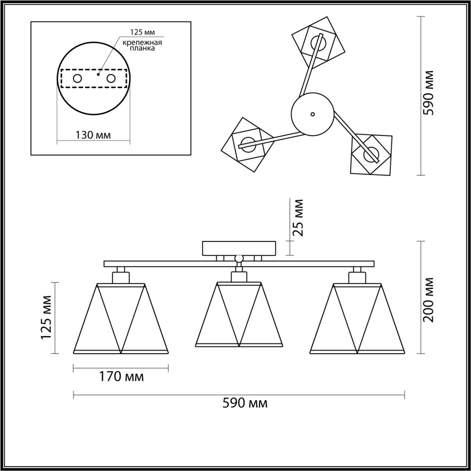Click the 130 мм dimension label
[x=93, y=135]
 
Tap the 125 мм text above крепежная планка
[x=142, y=33]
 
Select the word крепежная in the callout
[x=142, y=42]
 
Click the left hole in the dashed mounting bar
[x=78, y=78]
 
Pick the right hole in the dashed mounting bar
[x=111, y=78]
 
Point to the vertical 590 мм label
[x=428, y=93]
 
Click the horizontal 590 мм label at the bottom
[x=245, y=403]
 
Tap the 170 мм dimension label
[x=121, y=376]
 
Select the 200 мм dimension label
[x=428, y=300]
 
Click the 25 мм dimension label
[x=297, y=217]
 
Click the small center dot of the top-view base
[x=312, y=114]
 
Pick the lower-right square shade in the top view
[x=371, y=154]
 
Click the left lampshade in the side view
[x=121, y=318]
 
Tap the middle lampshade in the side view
[x=240, y=315]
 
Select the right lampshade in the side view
[x=357, y=318]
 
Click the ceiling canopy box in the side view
[x=239, y=248]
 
